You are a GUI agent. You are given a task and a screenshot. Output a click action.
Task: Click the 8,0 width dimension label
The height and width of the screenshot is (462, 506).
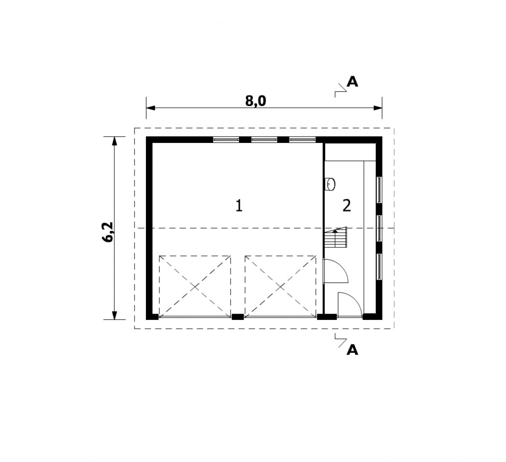[256, 101]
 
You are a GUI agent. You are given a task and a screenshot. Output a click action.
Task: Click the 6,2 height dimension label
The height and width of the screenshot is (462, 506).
[108, 232]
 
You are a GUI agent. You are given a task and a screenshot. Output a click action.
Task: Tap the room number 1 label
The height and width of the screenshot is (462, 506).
[239, 206]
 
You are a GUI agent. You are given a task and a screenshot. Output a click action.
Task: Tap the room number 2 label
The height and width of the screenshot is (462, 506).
[347, 206]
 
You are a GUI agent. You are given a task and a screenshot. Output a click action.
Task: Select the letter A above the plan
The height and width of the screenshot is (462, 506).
[352, 82]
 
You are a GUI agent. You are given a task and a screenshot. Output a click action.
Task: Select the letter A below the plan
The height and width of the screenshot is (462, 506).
[352, 350]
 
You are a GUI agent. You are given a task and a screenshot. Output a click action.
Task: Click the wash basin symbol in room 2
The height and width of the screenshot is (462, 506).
[330, 184]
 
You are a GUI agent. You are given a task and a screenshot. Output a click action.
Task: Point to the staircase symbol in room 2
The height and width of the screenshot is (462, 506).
[336, 237]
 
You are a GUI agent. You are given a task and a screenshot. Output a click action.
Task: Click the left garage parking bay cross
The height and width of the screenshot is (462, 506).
[194, 287]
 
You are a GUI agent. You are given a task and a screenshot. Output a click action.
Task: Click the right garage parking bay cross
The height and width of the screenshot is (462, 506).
[280, 287]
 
